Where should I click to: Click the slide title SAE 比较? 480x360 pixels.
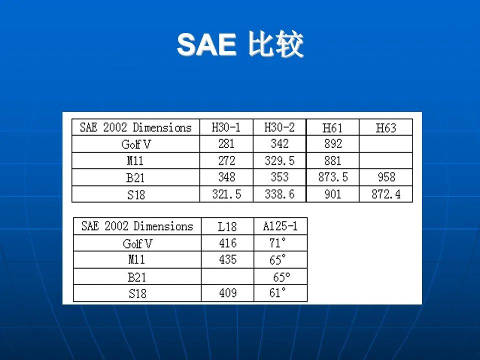[240, 44]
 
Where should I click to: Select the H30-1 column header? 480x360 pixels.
[226, 127]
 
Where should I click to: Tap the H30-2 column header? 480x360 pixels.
[279, 127]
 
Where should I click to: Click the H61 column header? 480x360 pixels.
[332, 128]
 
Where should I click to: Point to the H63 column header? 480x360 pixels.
[386, 128]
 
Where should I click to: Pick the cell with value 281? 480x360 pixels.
[226, 143]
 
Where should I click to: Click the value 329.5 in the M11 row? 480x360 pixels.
[279, 160]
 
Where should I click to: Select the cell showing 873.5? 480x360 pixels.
[333, 177]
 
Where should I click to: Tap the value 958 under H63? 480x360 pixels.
[386, 177]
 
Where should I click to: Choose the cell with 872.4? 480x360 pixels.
[386, 194]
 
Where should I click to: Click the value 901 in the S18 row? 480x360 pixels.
[333, 194]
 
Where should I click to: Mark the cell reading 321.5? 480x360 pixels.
[226, 194]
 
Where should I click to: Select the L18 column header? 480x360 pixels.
[227, 226]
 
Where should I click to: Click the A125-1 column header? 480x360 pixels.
[280, 226]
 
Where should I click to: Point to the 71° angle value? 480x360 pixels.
[277, 243]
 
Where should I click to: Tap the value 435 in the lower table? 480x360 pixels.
[228, 259]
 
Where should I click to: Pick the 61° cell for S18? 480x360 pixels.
[277, 293]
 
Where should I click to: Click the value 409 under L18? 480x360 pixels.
[228, 293]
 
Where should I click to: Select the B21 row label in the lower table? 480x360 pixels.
[137, 277]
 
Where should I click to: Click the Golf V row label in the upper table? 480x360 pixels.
[136, 144]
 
